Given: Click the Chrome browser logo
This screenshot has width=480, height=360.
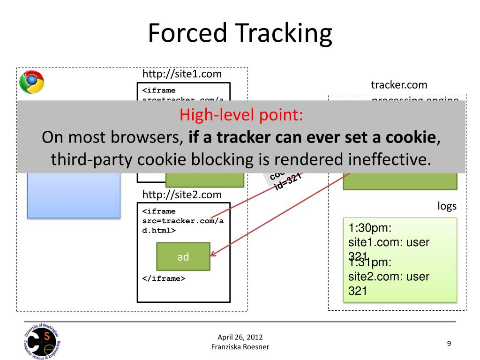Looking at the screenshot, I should click(31, 82).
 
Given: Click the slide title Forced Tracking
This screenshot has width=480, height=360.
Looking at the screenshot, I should click(240, 34).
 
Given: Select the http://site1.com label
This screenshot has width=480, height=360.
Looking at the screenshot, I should click(182, 74).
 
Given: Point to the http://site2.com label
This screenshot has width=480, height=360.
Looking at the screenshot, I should click(182, 195).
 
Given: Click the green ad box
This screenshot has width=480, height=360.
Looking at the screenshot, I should click(183, 256).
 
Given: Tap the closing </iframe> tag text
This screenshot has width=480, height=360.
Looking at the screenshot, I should click(164, 278).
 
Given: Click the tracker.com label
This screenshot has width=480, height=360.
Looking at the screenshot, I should click(399, 85).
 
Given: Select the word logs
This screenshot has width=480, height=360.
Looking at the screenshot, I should click(447, 207).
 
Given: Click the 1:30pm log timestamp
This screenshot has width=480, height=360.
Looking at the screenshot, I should click(370, 228).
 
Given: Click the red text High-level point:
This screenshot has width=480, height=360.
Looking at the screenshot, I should click(241, 115).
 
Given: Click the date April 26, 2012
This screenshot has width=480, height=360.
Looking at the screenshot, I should click(240, 337).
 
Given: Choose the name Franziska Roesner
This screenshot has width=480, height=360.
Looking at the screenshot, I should click(240, 346).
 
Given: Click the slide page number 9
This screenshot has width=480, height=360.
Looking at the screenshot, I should click(449, 344).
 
